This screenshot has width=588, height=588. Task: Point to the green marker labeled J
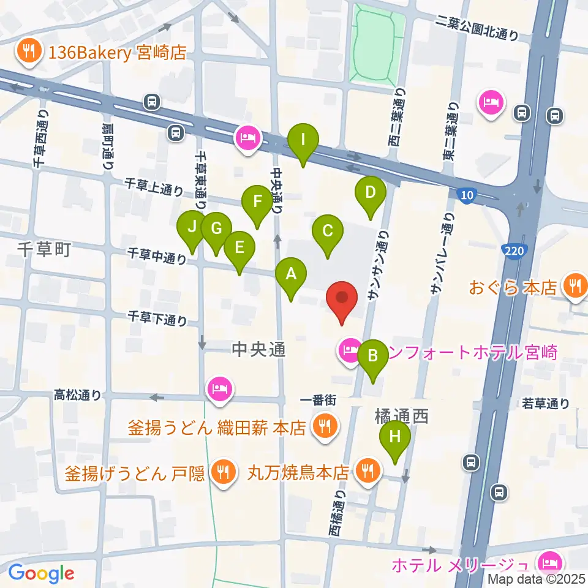coord(192,228)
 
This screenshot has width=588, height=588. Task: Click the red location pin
coord(341,300)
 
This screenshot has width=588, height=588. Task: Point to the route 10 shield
coord(467,195)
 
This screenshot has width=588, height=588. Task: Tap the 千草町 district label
coord(45,250)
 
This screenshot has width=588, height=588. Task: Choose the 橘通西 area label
coord(401,417)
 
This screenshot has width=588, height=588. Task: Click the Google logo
coord(41,573)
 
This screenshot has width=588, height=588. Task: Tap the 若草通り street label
coord(546,403)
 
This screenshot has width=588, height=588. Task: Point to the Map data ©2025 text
coord(537,578)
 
